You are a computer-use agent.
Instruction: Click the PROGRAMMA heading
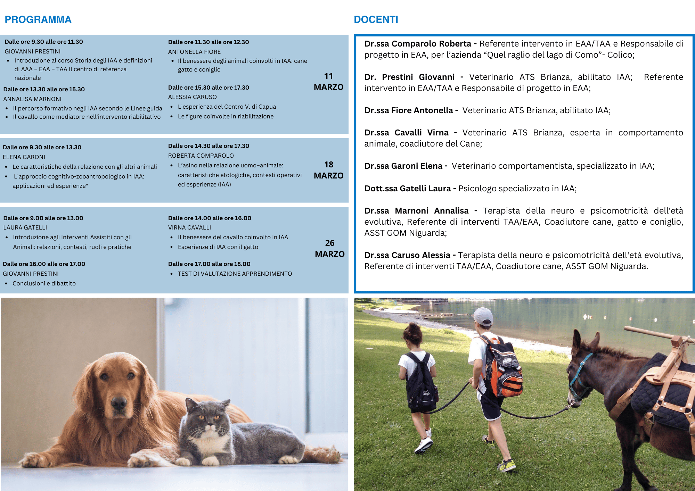click(x=38, y=19)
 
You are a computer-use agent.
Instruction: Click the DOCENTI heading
click(x=376, y=19)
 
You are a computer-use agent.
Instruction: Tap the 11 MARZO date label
click(x=328, y=82)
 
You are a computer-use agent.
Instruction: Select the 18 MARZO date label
click(x=328, y=170)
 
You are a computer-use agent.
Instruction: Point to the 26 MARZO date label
click(x=329, y=249)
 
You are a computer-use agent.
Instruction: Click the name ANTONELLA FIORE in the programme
click(x=194, y=52)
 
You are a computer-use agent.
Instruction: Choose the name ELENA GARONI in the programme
click(x=24, y=157)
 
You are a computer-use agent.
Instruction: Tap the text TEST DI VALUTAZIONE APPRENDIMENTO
click(x=235, y=274)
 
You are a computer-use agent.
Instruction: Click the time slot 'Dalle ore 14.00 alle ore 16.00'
click(x=210, y=218)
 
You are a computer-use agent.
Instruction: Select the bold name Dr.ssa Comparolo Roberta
click(x=418, y=44)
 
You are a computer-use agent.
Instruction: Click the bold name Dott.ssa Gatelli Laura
click(x=407, y=189)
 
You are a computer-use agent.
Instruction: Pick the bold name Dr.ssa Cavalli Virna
click(x=406, y=133)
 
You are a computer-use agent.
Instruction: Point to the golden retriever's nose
click(x=119, y=403)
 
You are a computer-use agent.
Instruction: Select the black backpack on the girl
click(x=420, y=382)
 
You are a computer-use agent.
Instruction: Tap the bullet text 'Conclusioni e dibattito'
click(x=44, y=283)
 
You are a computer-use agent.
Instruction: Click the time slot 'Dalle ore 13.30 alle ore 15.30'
click(x=44, y=89)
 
